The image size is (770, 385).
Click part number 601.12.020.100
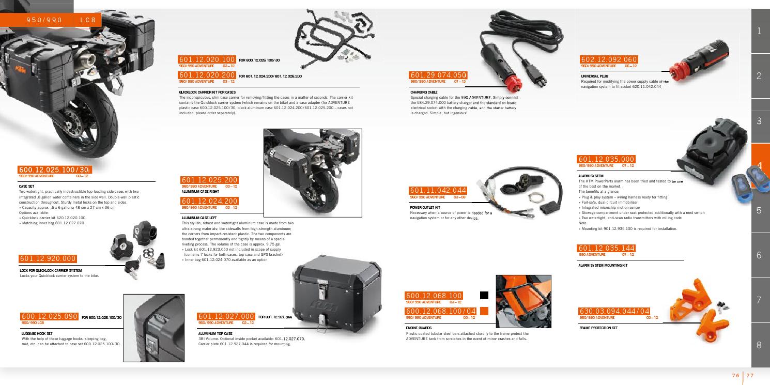[207, 60]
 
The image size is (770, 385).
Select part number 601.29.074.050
[438, 75]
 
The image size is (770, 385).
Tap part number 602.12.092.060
[609, 59]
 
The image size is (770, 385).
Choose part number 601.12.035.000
[606, 159]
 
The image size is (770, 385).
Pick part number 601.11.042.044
[438, 191]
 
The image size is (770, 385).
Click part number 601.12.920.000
[48, 258]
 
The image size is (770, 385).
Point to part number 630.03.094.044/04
[614, 311]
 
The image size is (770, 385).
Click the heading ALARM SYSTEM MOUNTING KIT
[603, 265]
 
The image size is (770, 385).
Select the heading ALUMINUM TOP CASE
[215, 333]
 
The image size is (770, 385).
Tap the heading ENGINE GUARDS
[419, 328]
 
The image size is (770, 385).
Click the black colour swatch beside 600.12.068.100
[484, 295]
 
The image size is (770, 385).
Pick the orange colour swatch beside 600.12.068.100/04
[484, 311]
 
